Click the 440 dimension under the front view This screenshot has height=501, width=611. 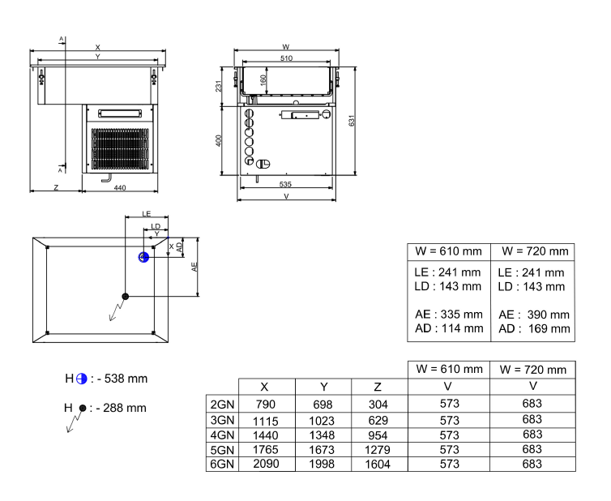click(119, 187)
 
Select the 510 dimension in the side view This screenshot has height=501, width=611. click(286, 59)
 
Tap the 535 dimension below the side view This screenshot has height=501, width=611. click(285, 185)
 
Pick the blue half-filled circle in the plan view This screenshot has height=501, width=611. click(143, 257)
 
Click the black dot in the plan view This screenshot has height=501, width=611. click(125, 296)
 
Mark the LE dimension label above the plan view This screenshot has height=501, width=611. click(147, 213)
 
